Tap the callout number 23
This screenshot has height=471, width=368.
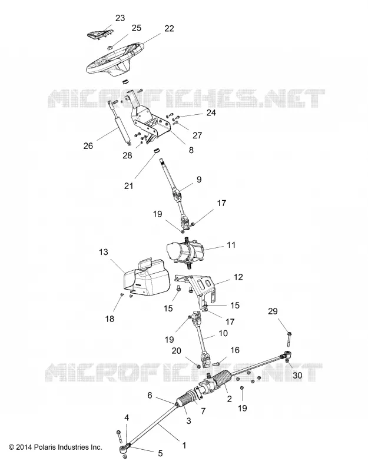(x=120, y=18)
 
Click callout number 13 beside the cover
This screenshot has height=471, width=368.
(x=104, y=252)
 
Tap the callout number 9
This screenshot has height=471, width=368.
(x=199, y=180)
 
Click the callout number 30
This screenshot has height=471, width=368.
(x=297, y=375)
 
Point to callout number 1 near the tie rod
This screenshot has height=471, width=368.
(x=184, y=445)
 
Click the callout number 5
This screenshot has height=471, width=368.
(x=160, y=453)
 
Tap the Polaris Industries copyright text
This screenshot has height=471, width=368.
(x=55, y=447)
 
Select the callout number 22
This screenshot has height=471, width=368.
(x=169, y=28)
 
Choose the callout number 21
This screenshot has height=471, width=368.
(x=128, y=186)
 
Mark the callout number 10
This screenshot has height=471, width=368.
(x=223, y=333)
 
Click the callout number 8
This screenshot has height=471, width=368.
(x=191, y=150)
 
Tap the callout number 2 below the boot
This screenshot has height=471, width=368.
(x=230, y=399)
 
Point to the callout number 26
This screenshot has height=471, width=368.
(x=88, y=146)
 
